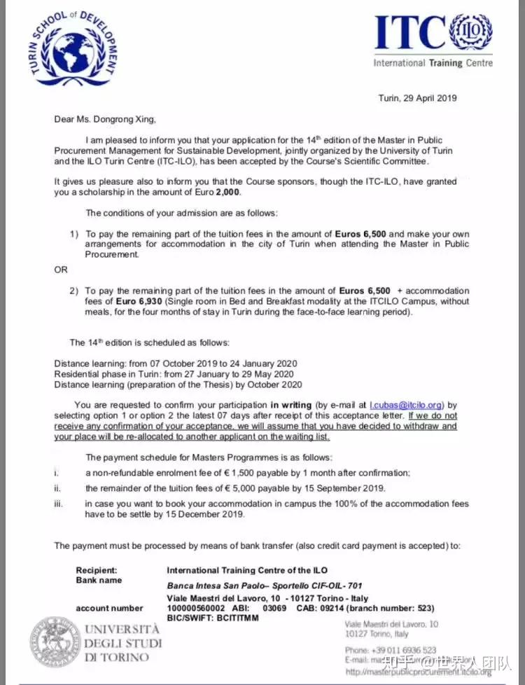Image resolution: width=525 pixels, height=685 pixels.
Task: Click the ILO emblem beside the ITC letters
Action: [471, 33]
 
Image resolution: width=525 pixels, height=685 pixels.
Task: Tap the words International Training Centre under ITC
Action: [433, 63]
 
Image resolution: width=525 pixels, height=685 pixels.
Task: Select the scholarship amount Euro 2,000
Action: [106, 193]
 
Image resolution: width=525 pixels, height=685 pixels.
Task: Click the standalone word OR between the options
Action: [61, 270]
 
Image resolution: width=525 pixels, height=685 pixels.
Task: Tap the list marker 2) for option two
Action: [74, 290]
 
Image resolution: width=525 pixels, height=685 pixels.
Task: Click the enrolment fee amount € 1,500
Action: [274, 473]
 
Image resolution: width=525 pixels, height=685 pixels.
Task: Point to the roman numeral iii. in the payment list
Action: [59, 504]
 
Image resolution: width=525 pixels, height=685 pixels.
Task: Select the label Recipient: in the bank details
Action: [97, 571]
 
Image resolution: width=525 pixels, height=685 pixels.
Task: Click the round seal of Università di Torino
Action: [54, 641]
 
